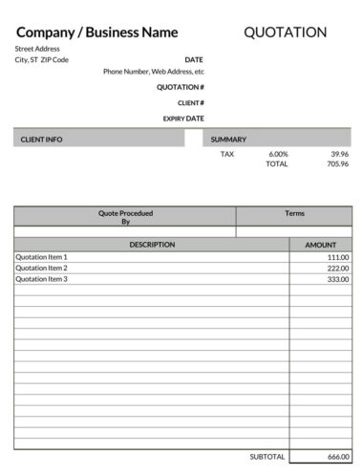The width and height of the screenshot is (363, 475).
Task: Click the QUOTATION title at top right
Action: pos(285,32)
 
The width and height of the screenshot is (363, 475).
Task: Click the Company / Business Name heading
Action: pos(96,32)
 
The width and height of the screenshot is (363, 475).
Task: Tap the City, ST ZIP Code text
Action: pos(41,59)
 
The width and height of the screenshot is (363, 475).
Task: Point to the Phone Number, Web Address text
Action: pos(153,71)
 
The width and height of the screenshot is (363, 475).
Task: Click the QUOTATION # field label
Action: pos(181,87)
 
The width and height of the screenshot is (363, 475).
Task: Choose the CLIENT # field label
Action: pos(190,102)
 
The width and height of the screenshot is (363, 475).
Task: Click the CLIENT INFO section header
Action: pos(41,140)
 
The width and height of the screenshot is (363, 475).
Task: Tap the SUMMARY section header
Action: pos(229,140)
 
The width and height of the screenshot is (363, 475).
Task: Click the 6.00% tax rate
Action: pos(278,153)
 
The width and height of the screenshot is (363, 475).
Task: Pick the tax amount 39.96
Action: pos(339,153)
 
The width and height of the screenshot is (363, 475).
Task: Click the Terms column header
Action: pos(294,213)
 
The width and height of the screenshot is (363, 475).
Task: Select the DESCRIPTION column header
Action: pos(152,245)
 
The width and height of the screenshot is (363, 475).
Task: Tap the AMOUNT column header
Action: pos(320,245)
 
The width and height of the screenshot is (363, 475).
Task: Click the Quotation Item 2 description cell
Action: pos(42,268)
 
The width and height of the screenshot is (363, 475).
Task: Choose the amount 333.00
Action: pos(337,279)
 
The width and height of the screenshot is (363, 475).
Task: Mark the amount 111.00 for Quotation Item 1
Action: pos(337,257)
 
